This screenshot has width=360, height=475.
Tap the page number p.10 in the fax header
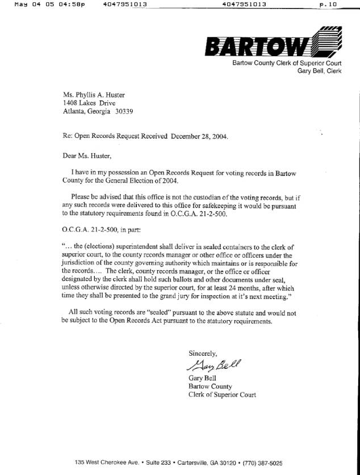pos(328,4)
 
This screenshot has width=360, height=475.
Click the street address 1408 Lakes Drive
pos(89,103)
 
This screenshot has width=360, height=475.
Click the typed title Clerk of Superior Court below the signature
pos(222,394)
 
